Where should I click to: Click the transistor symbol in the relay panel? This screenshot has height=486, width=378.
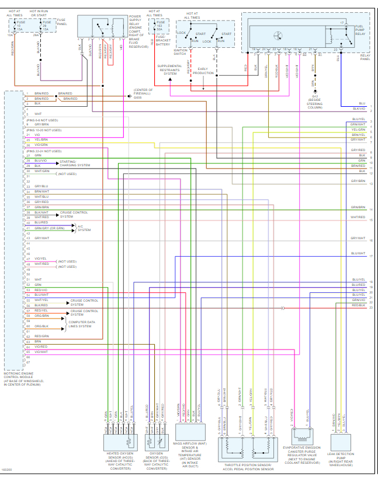pyautogui.click(x=279, y=33)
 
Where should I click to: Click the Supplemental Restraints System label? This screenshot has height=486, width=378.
pyautogui.click(x=170, y=69)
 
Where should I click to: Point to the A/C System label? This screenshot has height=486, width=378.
pyautogui.click(x=84, y=228)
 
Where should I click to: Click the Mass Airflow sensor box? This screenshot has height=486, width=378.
pyautogui.click(x=190, y=435)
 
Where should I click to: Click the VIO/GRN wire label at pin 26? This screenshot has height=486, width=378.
pyautogui.click(x=41, y=145)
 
